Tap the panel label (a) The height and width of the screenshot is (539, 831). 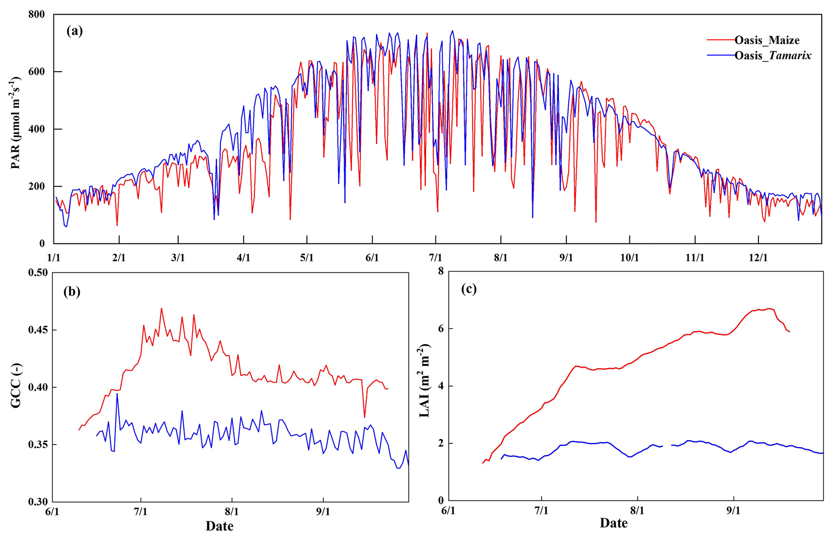[74, 31]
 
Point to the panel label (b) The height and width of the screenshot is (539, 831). [72, 291]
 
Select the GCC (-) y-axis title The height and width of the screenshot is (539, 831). [16, 385]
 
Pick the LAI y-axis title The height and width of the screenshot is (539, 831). [425, 380]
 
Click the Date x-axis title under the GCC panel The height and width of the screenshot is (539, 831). [219, 526]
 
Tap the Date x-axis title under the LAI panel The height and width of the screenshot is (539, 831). [614, 523]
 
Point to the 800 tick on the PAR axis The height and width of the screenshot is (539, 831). [37, 14]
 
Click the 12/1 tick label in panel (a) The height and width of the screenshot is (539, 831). [758, 258]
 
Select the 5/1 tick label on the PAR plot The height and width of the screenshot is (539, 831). [306, 258]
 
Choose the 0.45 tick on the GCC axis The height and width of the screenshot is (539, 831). [37, 330]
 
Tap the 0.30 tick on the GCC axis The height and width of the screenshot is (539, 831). [37, 502]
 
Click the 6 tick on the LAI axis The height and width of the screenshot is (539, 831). [441, 328]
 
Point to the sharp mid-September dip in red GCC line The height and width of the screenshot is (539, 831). [364, 416]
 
